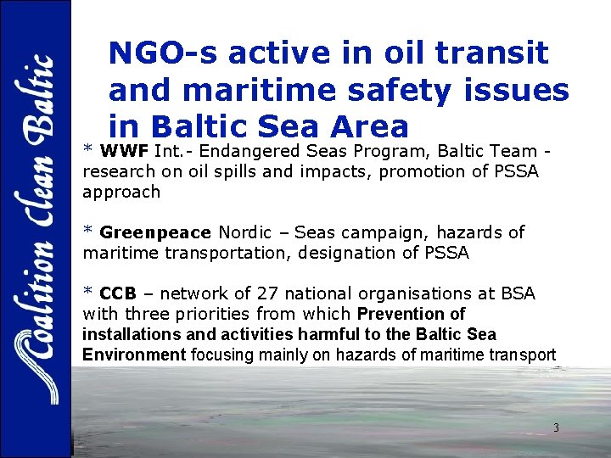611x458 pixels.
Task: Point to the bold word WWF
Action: click(x=125, y=152)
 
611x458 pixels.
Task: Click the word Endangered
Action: click(x=252, y=152)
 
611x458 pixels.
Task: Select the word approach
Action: click(x=121, y=192)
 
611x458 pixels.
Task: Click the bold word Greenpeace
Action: click(x=154, y=232)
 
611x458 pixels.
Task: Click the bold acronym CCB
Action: click(x=118, y=293)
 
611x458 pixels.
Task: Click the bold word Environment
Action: click(x=133, y=355)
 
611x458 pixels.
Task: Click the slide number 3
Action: click(x=556, y=428)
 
